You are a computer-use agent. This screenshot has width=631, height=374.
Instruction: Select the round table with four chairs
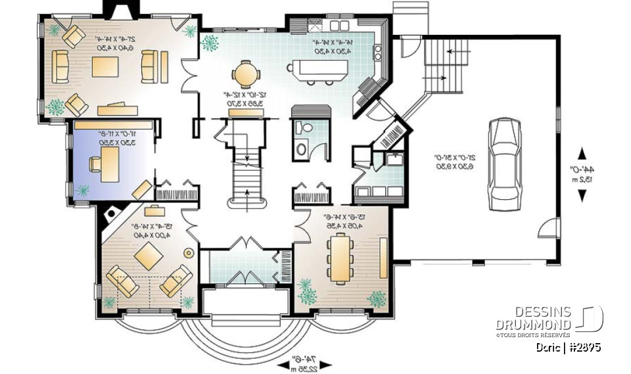point(245,74)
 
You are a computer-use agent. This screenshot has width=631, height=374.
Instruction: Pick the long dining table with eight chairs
point(340,258)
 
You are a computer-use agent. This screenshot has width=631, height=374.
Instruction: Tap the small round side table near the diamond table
point(189,252)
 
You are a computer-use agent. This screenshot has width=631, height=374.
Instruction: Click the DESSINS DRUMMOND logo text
point(534,318)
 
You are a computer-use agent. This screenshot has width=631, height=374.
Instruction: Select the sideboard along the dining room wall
point(383,258)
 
